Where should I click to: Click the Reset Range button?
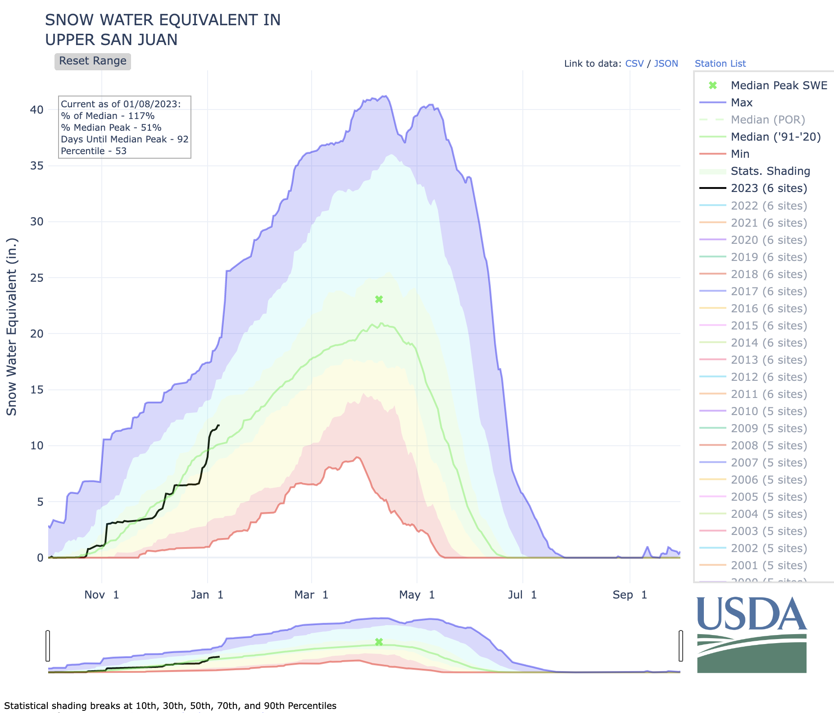click(x=93, y=61)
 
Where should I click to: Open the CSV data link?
click(x=635, y=64)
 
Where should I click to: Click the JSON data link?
click(x=666, y=64)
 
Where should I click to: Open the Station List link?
click(x=720, y=64)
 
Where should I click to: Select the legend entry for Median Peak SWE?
click(x=779, y=86)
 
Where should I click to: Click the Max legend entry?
click(x=742, y=103)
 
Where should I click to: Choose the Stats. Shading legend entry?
click(x=770, y=171)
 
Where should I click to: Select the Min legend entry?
click(x=740, y=154)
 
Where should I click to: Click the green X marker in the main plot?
click(x=379, y=299)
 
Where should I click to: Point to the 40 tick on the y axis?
click(x=37, y=110)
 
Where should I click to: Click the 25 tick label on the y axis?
click(x=37, y=278)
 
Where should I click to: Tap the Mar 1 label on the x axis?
click(x=311, y=595)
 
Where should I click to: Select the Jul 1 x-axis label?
click(x=522, y=595)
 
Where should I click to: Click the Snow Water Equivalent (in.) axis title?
click(x=12, y=327)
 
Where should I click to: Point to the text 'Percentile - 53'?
click(x=94, y=151)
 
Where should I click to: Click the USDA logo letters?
click(x=752, y=614)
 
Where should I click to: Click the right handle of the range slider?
click(x=681, y=646)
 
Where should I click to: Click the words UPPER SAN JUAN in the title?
click(x=111, y=40)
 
